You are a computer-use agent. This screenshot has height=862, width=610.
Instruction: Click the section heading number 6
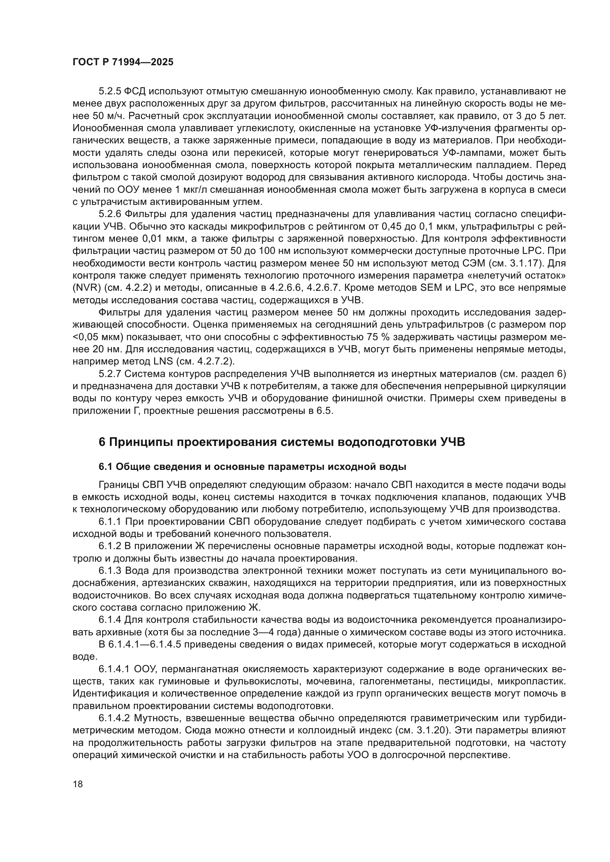tap(102, 442)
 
